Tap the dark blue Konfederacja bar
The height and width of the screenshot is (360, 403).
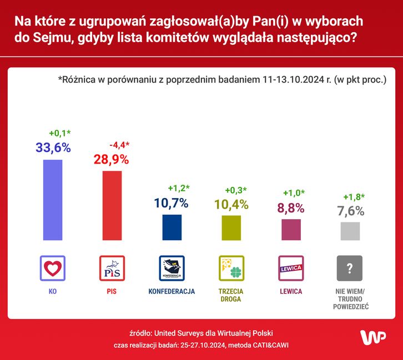coord(172,227)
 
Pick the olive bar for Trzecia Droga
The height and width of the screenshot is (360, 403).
coord(231,227)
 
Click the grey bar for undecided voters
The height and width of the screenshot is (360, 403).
coord(350,231)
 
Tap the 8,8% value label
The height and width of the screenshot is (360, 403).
coord(291,207)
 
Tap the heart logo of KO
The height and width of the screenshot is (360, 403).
coord(53,268)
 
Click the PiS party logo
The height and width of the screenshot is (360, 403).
coord(112,268)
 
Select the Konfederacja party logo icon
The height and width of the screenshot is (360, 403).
coord(172,268)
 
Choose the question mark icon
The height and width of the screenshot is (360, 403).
coord(350,268)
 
